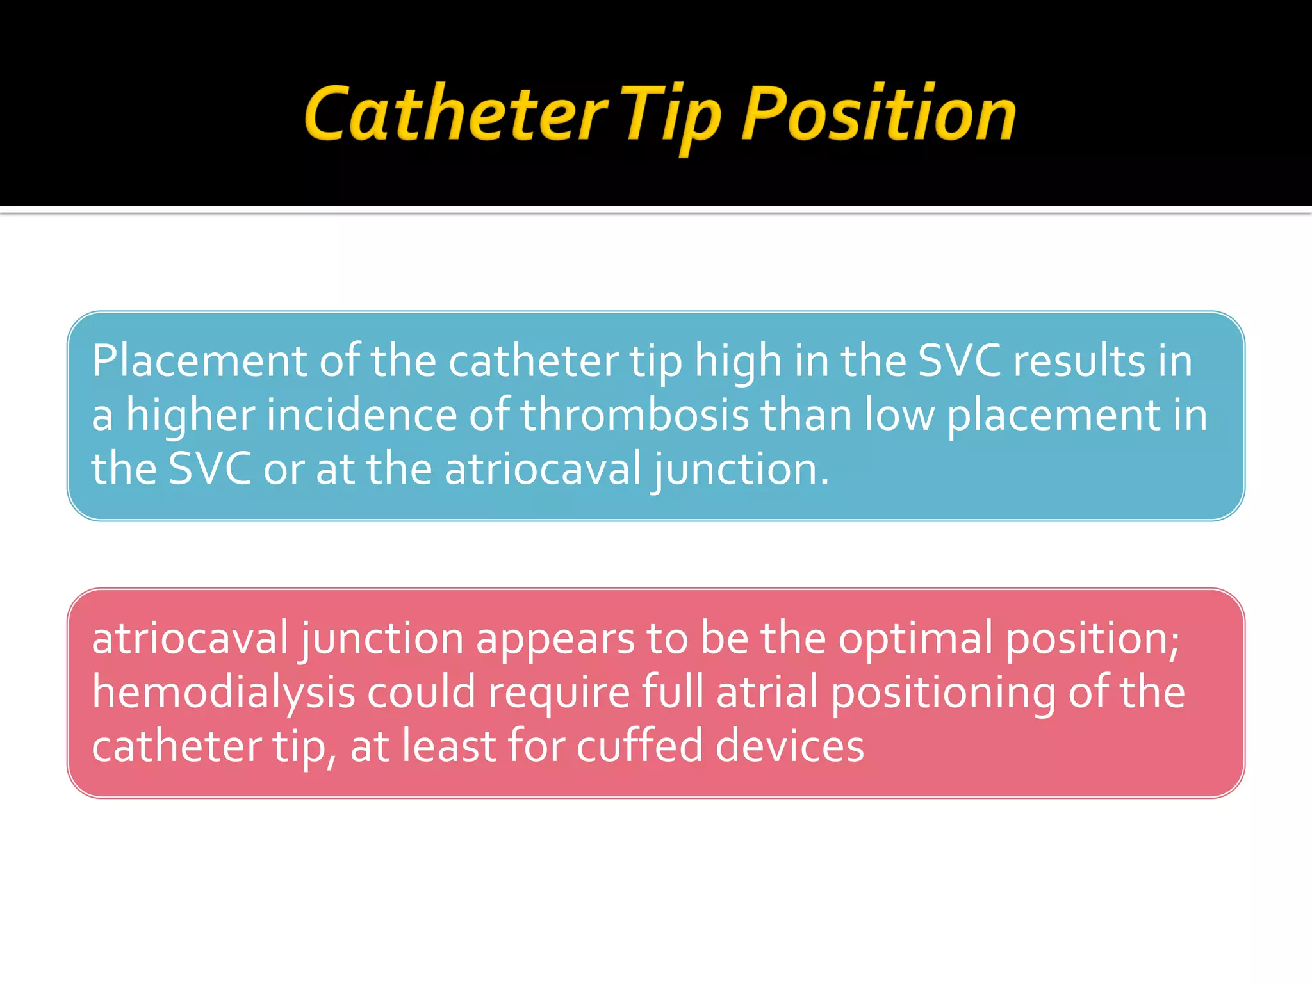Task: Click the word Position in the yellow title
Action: click(x=879, y=115)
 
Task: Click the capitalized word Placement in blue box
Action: click(x=199, y=361)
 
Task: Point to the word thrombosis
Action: click(x=634, y=414)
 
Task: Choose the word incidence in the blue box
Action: click(x=361, y=414)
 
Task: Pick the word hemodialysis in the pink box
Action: click(x=224, y=693)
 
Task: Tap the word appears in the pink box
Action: click(x=554, y=639)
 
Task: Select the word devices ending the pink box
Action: click(x=789, y=746)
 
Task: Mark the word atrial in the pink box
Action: click(x=767, y=693)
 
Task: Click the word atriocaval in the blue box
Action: click(x=543, y=468)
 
